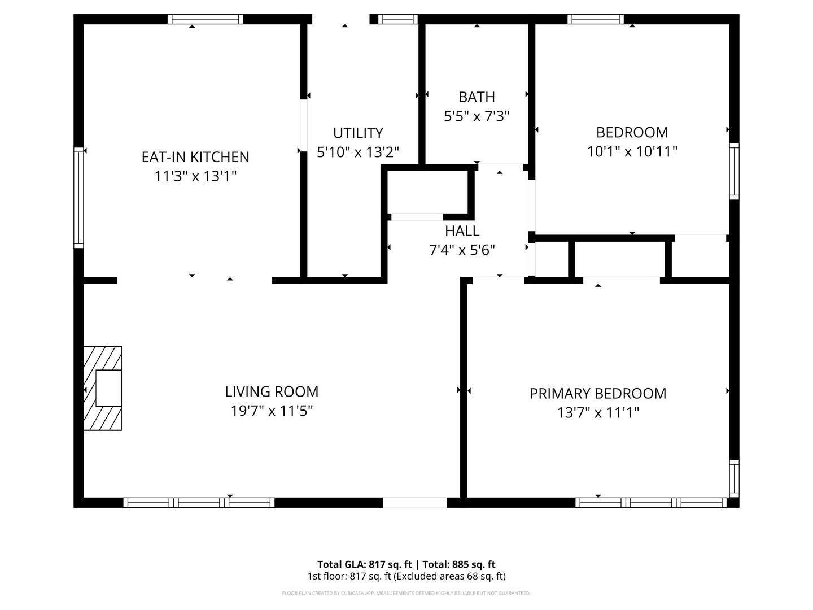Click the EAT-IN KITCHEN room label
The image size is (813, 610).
[x=195, y=156]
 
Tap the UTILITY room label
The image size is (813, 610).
[x=358, y=133]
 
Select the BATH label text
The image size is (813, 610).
[x=477, y=97]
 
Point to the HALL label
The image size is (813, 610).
[x=462, y=230]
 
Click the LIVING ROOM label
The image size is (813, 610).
[x=272, y=391]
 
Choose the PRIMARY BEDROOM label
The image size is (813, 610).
[x=597, y=393]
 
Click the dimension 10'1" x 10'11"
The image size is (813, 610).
[x=632, y=151]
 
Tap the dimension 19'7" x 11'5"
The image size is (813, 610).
[x=272, y=411]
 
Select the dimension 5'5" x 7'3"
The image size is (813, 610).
[x=477, y=116]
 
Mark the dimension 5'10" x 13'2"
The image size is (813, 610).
[x=358, y=152]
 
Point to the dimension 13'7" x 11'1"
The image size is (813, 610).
[x=597, y=412]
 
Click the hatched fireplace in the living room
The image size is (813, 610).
[x=103, y=389]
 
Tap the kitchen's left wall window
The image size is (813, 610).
[x=78, y=198]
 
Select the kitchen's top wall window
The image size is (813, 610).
[x=206, y=19]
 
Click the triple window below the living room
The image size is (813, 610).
[x=199, y=502]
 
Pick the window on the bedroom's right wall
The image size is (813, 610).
[x=734, y=171]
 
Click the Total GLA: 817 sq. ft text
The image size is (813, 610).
[x=365, y=564]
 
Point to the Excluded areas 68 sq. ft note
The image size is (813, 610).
[x=449, y=576]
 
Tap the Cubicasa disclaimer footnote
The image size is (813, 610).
[x=406, y=594]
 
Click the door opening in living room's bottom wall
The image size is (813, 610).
[x=414, y=502]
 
